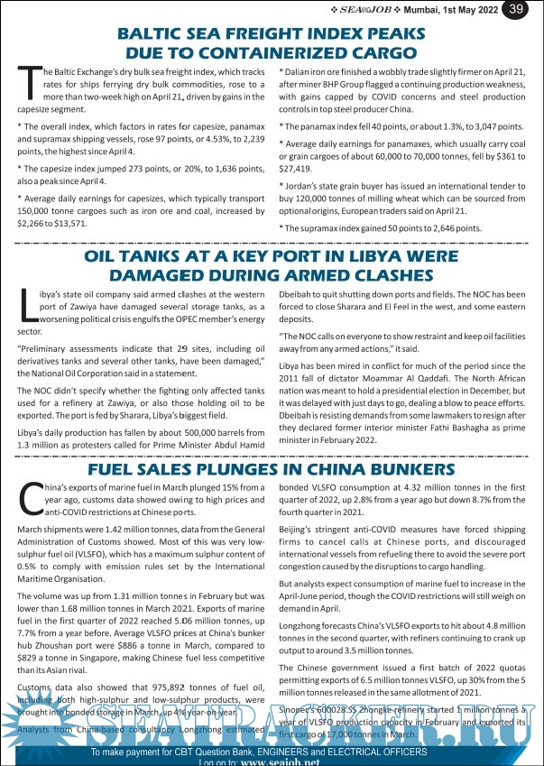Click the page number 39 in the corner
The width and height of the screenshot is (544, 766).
[517, 9]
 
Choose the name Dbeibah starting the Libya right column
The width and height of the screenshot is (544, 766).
[299, 294]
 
